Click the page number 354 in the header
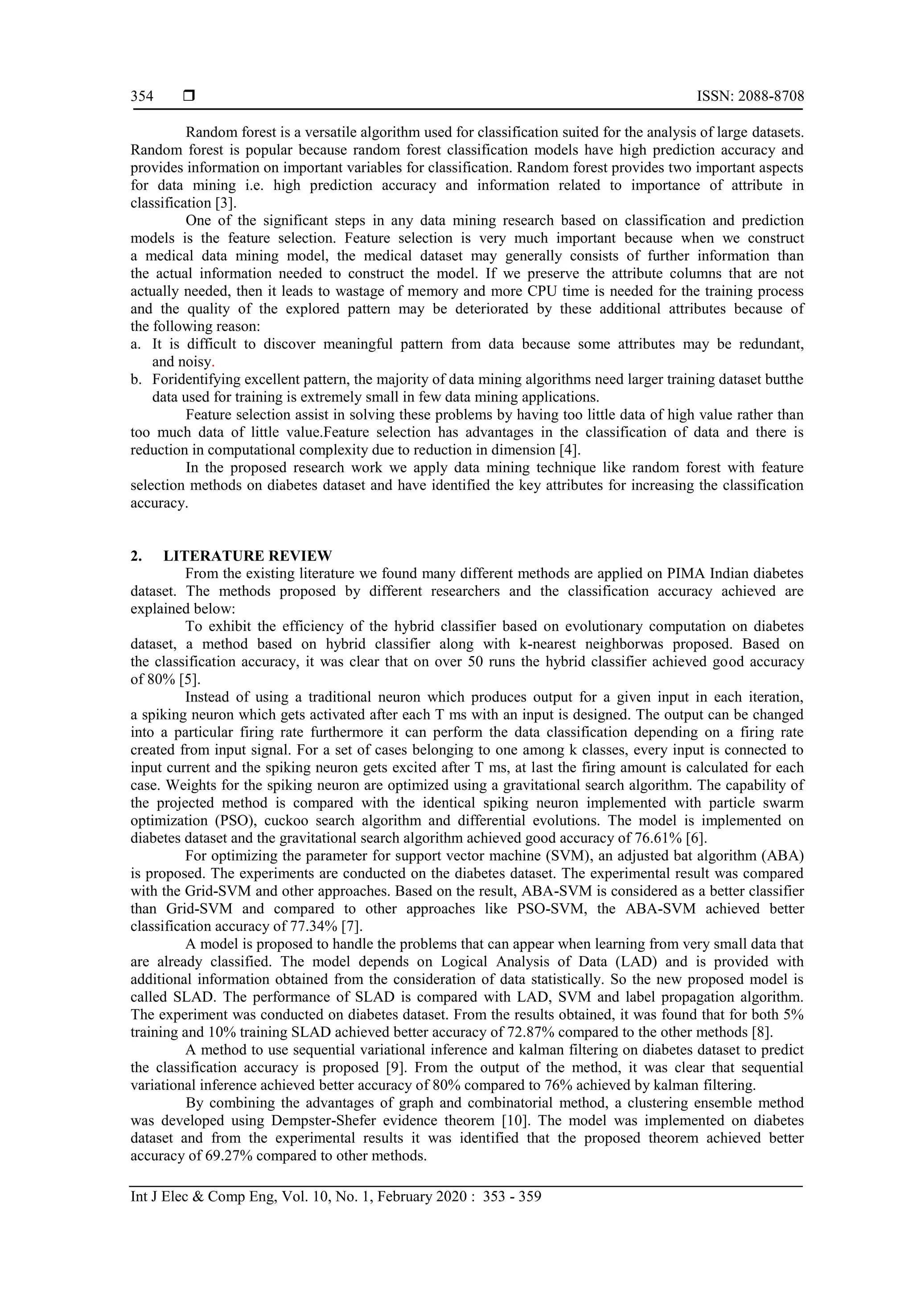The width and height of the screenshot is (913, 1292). [x=142, y=97]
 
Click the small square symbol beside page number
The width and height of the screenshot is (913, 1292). [x=189, y=96]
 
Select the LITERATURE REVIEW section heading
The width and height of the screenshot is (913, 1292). [x=247, y=556]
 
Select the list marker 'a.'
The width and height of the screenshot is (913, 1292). [x=136, y=344]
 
